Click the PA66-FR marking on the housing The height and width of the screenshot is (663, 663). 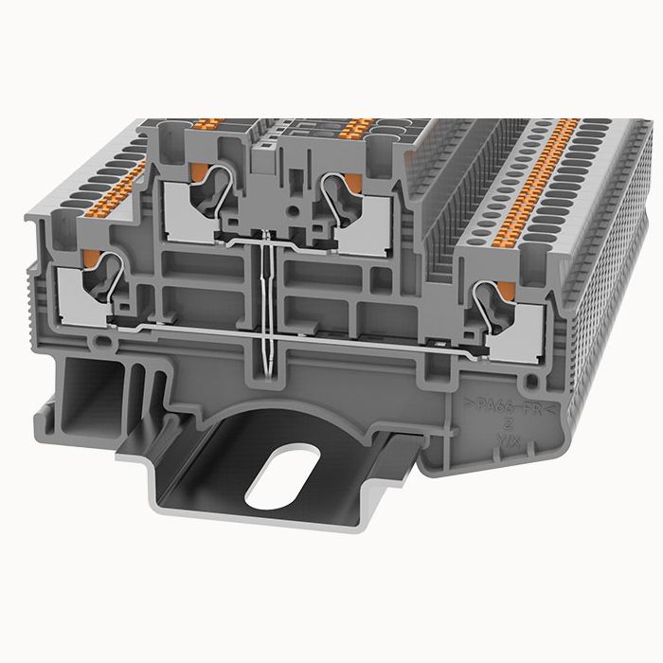[x=510, y=407]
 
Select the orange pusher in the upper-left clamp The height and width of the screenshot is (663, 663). [x=200, y=170]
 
